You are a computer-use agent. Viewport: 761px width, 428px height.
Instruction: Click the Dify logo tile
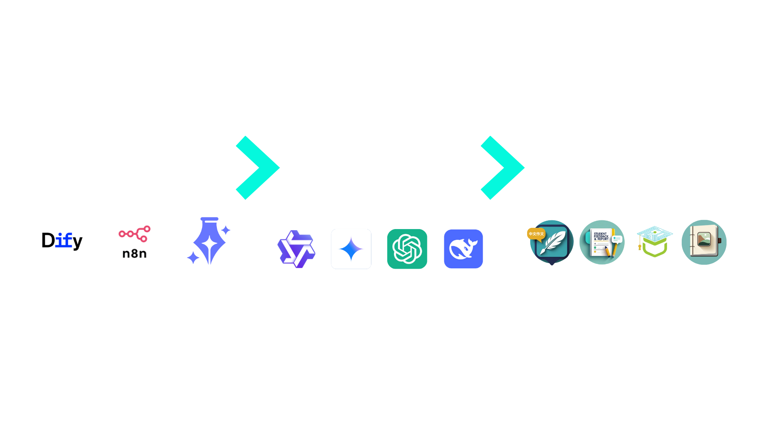61,241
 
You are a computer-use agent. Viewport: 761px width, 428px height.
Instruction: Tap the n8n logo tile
135,241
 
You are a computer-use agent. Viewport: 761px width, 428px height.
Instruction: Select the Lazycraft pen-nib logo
208,241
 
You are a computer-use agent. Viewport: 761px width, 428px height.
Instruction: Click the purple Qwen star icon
296,249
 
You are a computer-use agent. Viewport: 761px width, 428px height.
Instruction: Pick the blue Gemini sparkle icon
351,249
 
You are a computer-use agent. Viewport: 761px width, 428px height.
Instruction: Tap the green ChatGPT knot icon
407,249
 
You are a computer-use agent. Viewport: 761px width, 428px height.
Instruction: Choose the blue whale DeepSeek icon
463,249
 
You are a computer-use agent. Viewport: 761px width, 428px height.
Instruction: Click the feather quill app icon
551,242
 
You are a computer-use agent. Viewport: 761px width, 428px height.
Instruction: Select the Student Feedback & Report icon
602,242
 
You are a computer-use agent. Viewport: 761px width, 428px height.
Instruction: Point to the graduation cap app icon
654,242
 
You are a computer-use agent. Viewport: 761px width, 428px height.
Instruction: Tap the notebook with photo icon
704,242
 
